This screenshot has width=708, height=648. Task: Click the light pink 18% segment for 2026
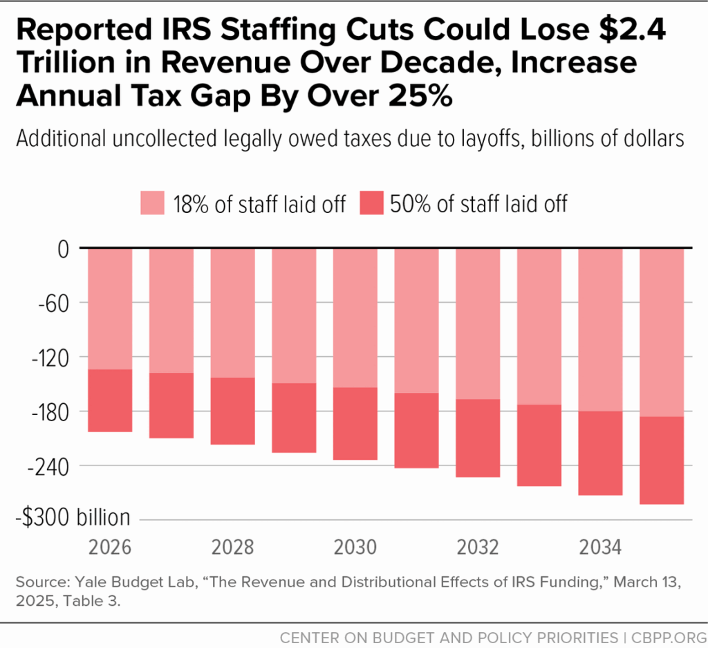pos(110,308)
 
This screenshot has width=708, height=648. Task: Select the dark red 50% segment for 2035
pos(662,461)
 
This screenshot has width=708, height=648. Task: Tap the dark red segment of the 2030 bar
pos(355,423)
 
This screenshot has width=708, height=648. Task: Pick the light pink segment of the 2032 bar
pos(478,323)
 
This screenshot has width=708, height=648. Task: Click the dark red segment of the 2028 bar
pos(232,411)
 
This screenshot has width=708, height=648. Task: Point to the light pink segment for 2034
pos(600,329)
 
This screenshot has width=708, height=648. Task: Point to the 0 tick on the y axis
pos(63,248)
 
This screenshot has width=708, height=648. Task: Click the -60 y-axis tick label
pos(54,303)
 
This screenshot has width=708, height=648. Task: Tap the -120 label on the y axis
pos(48,357)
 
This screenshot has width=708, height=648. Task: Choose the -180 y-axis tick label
pos(48,411)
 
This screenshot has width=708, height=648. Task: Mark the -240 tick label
pos(48,465)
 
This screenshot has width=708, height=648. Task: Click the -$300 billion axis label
pos(74,518)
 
